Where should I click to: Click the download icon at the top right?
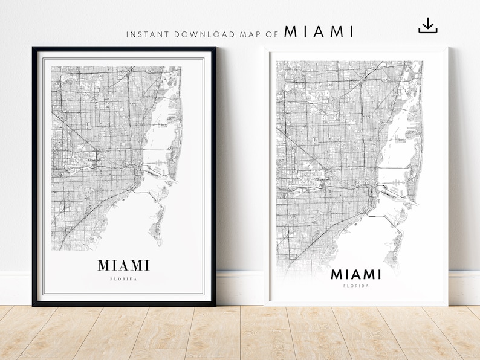click(x=427, y=25)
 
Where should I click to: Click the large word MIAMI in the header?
click(x=319, y=32)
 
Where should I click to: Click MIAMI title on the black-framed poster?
click(x=124, y=266)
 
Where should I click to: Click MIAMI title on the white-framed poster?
click(x=355, y=275)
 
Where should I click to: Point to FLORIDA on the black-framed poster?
click(x=124, y=279)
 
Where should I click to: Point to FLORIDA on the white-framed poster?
click(x=355, y=286)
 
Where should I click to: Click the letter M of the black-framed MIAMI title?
click(x=104, y=266)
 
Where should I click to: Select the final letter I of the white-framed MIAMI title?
click(x=378, y=275)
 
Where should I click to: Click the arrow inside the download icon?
click(x=427, y=23)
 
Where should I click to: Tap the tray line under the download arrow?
click(x=427, y=31)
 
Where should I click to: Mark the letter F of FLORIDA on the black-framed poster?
click(x=112, y=279)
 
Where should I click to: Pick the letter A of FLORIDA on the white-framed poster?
click(x=366, y=286)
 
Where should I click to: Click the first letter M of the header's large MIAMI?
click(x=290, y=32)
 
